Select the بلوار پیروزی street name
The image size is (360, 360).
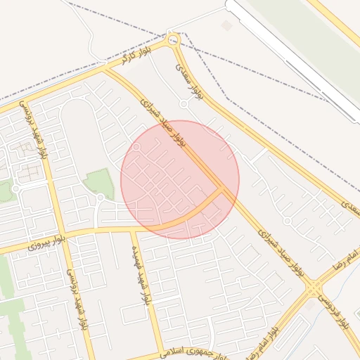pyautogui.click(x=46, y=243)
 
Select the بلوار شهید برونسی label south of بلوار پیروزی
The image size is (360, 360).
pyautogui.click(x=78, y=295)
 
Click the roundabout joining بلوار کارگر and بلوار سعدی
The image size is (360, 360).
pyautogui.click(x=173, y=40)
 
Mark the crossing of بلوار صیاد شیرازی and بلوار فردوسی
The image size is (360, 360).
pyautogui.click(x=313, y=288)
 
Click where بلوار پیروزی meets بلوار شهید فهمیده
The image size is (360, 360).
pyautogui.click(x=132, y=229)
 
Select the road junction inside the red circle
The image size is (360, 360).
pyautogui.click(x=223, y=188)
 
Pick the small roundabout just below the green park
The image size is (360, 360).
pyautogui.click(x=101, y=198)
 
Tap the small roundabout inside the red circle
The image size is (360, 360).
pyautogui.click(x=137, y=148)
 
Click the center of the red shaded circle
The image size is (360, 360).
pyautogui.click(x=180, y=179)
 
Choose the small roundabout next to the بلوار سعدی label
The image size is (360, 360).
pyautogui.click(x=184, y=104)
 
